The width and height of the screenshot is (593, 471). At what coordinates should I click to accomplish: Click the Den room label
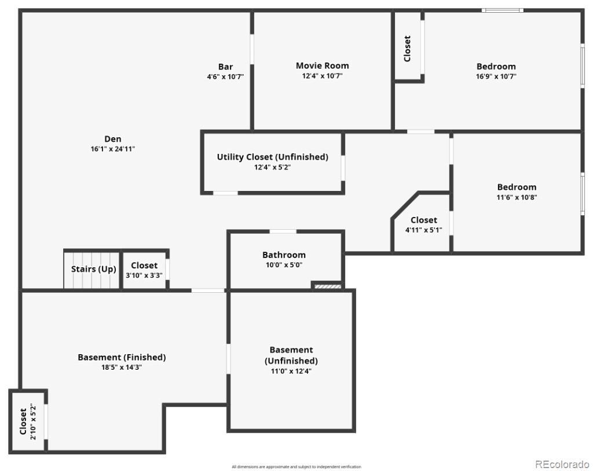[113, 139]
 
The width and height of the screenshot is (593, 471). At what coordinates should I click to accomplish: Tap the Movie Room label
[322, 66]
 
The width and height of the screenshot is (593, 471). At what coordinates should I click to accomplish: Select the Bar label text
[225, 67]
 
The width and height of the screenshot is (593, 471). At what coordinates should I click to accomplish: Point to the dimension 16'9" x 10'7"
[496, 76]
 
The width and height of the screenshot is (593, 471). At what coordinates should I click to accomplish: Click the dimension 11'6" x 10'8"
[517, 197]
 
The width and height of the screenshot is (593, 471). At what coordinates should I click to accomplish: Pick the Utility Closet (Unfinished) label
[272, 157]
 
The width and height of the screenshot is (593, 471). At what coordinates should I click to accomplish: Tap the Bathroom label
[284, 255]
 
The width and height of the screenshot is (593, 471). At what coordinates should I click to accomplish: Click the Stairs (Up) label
[93, 269]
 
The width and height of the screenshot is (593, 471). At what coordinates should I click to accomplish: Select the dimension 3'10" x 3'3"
[144, 275]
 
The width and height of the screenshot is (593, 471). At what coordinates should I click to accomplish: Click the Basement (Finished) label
[122, 357]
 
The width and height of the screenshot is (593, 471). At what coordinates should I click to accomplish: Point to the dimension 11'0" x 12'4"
[291, 371]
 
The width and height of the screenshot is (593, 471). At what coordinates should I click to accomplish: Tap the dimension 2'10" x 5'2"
[33, 421]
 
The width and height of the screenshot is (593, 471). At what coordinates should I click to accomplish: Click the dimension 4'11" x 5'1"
[423, 230]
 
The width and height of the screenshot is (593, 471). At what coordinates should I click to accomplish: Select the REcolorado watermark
[562, 464]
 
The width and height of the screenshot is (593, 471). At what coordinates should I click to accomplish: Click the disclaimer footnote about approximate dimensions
[296, 467]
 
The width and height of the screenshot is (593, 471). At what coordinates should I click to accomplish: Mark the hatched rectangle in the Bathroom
[328, 286]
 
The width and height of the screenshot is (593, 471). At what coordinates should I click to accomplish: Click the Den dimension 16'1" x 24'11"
[113, 149]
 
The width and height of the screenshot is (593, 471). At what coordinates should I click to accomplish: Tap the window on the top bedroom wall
[503, 10]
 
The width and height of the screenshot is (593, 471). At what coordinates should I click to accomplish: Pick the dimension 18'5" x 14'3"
[122, 367]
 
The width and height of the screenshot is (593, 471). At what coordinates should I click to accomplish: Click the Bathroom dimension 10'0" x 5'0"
[284, 265]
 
